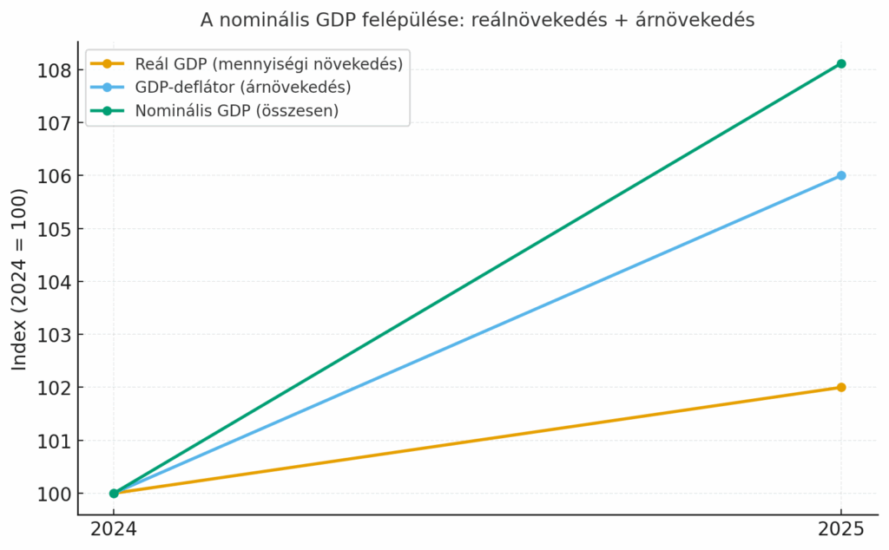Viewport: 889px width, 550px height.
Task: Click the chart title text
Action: [x=477, y=19]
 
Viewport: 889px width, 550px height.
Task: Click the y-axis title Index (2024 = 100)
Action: [x=19, y=279]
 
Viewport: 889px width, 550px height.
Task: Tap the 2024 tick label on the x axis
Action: [x=114, y=528]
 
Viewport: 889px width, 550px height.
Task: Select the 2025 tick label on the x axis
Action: [x=841, y=528]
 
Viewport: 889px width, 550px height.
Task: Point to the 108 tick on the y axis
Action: [x=54, y=70]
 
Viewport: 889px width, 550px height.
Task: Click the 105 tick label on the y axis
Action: [x=54, y=229]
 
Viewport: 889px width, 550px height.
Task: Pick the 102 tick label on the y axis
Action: [x=54, y=388]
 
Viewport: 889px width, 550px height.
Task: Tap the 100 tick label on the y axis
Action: [x=54, y=494]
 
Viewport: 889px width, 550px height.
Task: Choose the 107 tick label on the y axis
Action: [x=54, y=123]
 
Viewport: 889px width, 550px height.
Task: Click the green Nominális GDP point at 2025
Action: [x=841, y=63]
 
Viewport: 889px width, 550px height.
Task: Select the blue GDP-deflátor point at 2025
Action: [x=841, y=175]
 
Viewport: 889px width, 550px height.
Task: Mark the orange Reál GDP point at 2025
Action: [x=841, y=387]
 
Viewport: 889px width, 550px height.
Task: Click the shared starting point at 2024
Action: [x=114, y=493]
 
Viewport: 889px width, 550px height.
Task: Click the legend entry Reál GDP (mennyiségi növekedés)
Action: [x=268, y=64]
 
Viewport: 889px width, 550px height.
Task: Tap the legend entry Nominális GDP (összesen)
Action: [x=236, y=110]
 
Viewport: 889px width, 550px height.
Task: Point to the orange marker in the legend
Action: [x=107, y=64]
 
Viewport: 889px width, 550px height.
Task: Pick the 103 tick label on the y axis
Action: [x=54, y=335]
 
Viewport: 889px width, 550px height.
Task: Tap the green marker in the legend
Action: [x=107, y=110]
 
